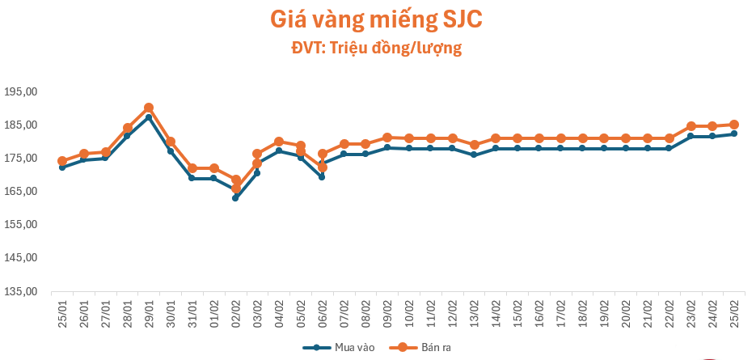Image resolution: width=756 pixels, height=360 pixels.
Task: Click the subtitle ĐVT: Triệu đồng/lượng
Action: (377, 48)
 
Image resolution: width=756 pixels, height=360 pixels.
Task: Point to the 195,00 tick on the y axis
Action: (20, 91)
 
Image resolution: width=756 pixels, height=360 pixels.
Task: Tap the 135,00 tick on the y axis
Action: (20, 291)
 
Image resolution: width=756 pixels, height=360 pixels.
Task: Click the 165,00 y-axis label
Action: (20, 192)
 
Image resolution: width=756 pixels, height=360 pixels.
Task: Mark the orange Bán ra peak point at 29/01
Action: (149, 108)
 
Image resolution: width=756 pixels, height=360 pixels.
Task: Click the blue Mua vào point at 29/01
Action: (149, 117)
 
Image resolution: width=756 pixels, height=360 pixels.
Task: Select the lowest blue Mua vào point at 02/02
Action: (235, 197)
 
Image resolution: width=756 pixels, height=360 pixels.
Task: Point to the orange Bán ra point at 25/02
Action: (734, 125)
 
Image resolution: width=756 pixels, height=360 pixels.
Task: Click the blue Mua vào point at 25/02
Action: (734, 133)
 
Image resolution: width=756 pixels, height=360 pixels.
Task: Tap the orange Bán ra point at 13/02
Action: (474, 145)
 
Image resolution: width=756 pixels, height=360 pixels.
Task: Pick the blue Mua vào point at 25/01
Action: (62, 167)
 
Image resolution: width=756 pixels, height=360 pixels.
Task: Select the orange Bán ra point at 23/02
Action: (691, 126)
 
